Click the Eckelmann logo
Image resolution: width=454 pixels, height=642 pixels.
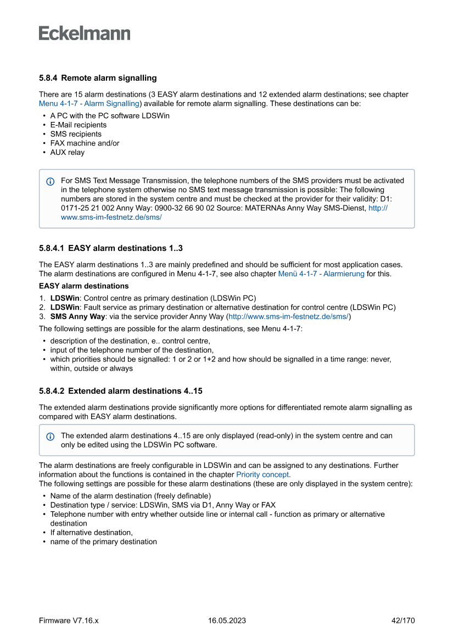pos(85,34)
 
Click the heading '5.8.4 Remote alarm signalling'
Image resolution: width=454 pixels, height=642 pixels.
pos(98,78)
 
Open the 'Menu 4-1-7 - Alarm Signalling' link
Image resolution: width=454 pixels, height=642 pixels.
pos(89,103)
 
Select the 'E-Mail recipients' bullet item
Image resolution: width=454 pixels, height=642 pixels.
pos(79,125)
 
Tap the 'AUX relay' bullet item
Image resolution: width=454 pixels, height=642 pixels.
pos(68,152)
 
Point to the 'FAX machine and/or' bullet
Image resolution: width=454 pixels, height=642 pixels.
pos(85,143)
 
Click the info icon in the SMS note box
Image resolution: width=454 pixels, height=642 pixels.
pos(51,181)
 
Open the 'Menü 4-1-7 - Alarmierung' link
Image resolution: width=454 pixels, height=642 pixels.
pos(321,273)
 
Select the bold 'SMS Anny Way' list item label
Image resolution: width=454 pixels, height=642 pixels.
pos(77,317)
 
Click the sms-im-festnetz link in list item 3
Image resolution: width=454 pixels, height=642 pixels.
pos(288,317)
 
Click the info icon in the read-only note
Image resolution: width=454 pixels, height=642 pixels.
pos(51,436)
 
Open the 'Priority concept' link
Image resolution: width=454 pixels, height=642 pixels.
pos(262,474)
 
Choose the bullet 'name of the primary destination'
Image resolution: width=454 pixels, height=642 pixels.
pos(103,541)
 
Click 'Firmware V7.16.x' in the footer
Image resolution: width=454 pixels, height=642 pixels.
pos(69,621)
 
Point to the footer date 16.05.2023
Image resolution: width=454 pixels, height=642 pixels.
pos(227,621)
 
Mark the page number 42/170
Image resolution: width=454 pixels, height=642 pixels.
pos(403,621)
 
